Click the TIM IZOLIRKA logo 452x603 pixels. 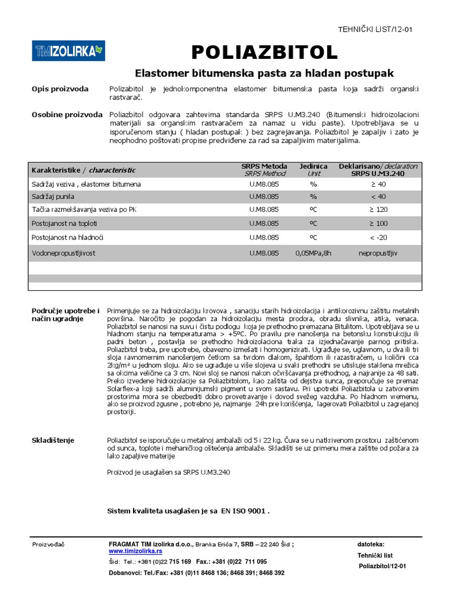(68, 51)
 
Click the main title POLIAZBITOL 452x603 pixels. (265, 52)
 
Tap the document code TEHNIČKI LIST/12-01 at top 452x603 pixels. (374, 29)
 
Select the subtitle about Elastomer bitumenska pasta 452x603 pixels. (264, 74)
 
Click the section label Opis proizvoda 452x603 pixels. (60, 89)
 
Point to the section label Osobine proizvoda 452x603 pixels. (67, 114)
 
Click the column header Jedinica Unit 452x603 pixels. (314, 170)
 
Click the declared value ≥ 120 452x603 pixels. (378, 209)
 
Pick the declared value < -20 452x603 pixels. (378, 237)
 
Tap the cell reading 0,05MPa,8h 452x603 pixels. (314, 253)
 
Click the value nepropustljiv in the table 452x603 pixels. (378, 253)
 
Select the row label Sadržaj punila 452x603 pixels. (53, 196)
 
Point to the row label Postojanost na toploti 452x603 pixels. (64, 224)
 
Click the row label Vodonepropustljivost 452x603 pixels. (64, 253)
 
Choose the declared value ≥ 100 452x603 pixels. (378, 224)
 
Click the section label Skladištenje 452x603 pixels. (54, 440)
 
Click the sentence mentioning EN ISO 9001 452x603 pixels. (188, 511)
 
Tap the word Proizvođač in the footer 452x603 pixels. (48, 544)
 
